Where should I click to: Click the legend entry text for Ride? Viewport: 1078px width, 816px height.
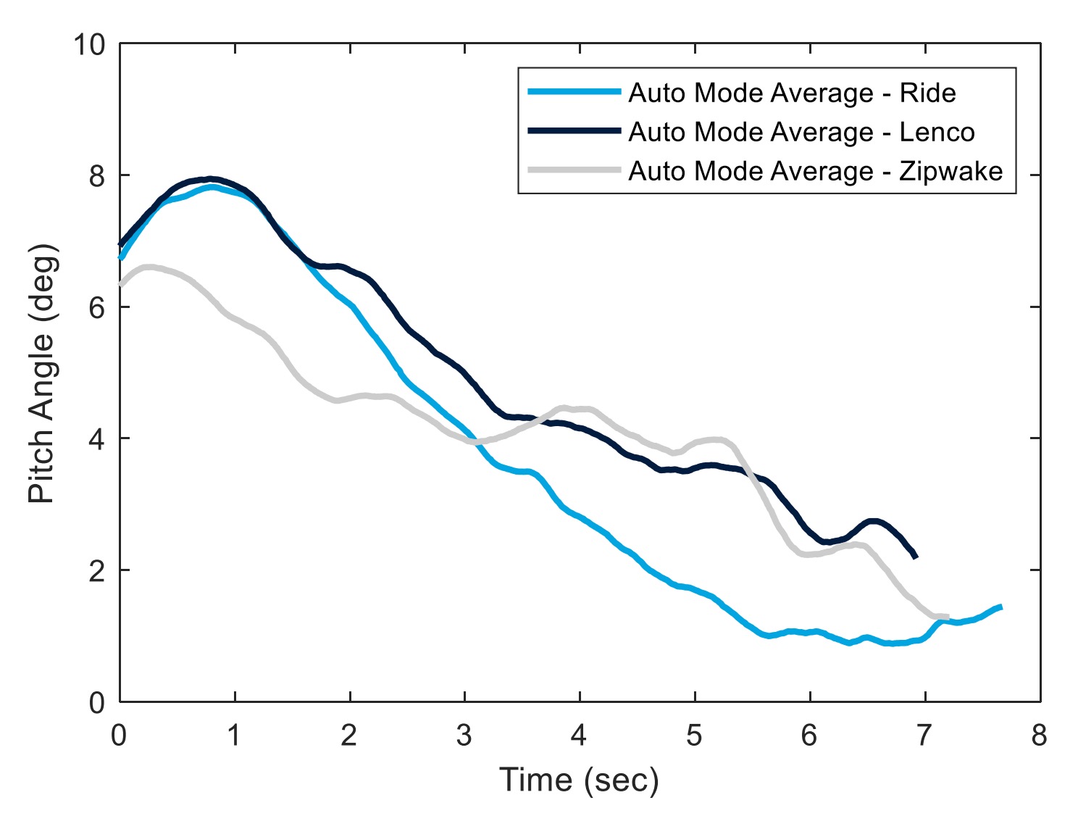pyautogui.click(x=792, y=93)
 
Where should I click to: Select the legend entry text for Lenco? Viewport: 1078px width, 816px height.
pyautogui.click(x=801, y=132)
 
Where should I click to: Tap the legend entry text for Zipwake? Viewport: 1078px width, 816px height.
pyautogui.click(x=815, y=171)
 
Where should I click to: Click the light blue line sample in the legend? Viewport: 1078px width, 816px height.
pyautogui.click(x=574, y=92)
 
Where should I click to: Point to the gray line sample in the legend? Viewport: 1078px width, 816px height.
pyautogui.click(x=574, y=170)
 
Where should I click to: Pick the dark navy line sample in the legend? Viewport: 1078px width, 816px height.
pyautogui.click(x=574, y=131)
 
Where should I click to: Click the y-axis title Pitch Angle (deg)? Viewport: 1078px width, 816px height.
pyautogui.click(x=41, y=373)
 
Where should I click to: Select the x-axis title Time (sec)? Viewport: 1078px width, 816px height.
pyautogui.click(x=579, y=780)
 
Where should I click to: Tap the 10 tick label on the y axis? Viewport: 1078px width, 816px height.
pyautogui.click(x=88, y=45)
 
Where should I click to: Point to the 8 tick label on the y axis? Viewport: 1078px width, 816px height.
pyautogui.click(x=97, y=176)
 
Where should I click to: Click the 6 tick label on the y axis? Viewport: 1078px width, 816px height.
pyautogui.click(x=97, y=307)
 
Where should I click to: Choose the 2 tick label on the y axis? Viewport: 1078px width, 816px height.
pyautogui.click(x=97, y=570)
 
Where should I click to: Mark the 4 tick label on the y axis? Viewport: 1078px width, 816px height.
pyautogui.click(x=97, y=439)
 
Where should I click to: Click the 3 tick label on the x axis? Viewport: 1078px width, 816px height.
pyautogui.click(x=464, y=736)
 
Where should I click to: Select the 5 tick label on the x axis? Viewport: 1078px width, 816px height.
pyautogui.click(x=694, y=736)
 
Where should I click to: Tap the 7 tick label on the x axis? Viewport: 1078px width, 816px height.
pyautogui.click(x=924, y=736)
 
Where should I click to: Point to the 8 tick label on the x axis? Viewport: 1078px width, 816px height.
pyautogui.click(x=1040, y=736)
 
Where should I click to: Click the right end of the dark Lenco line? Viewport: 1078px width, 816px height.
pyautogui.click(x=916, y=557)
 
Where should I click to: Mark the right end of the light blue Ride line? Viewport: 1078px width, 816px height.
pyautogui.click(x=1000, y=607)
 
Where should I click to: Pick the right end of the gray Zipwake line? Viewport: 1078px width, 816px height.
pyautogui.click(x=947, y=617)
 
